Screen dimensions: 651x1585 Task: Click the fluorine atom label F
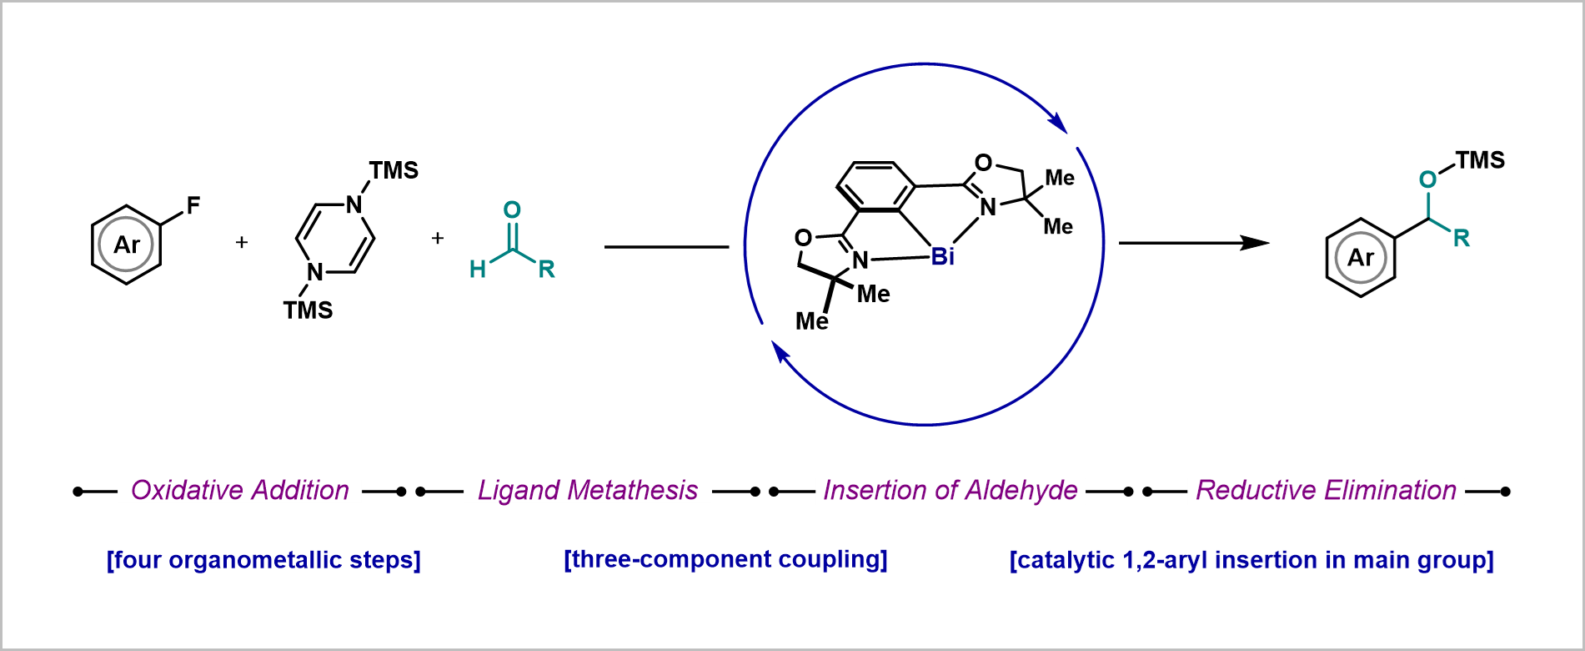pyautogui.click(x=193, y=205)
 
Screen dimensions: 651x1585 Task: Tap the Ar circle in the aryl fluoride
pyautogui.click(x=126, y=245)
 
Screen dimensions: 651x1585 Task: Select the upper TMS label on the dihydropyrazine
pyautogui.click(x=394, y=170)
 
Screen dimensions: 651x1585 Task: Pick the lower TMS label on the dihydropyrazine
pyautogui.click(x=308, y=310)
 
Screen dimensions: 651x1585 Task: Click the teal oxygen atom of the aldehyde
pyautogui.click(x=512, y=209)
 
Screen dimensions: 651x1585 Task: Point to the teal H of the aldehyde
pyautogui.click(x=478, y=269)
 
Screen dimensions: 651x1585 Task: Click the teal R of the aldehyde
pyautogui.click(x=546, y=269)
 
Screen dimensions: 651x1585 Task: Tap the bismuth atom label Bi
pyautogui.click(x=942, y=257)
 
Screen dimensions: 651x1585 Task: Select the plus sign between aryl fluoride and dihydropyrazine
pyautogui.click(x=242, y=243)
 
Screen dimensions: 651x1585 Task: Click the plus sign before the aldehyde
pyautogui.click(x=437, y=239)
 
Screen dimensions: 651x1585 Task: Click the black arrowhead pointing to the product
pyautogui.click(x=1255, y=243)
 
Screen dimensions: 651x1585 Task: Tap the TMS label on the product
pyautogui.click(x=1480, y=160)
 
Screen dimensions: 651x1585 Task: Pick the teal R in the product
pyautogui.click(x=1461, y=239)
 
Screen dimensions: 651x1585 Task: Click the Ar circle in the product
pyautogui.click(x=1360, y=258)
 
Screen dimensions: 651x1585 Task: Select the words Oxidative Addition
pyautogui.click(x=240, y=490)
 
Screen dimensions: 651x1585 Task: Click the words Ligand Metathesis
pyautogui.click(x=588, y=490)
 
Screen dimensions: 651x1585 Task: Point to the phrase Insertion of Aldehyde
pyautogui.click(x=950, y=490)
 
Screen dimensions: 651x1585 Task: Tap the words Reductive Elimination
pyautogui.click(x=1326, y=490)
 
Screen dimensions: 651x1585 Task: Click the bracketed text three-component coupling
pyautogui.click(x=725, y=559)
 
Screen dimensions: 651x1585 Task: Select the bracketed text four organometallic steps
pyautogui.click(x=263, y=559)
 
